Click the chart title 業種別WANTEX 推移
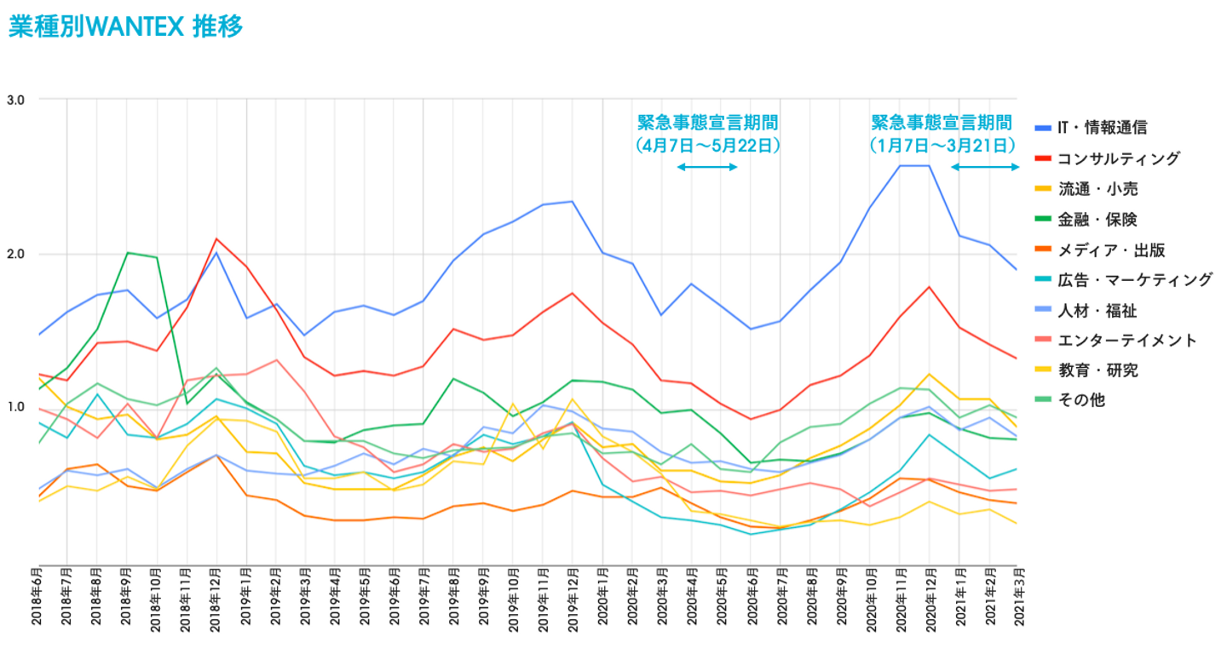(x=126, y=26)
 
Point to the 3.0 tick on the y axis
(x=15, y=100)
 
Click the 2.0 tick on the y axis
(x=15, y=254)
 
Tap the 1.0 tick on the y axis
(x=15, y=407)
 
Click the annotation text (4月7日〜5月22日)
(x=708, y=146)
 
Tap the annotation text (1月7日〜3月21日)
(x=942, y=146)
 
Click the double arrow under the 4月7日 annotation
(x=707, y=167)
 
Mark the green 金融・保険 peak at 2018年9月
(x=127, y=252)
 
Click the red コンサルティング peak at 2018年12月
(x=216, y=238)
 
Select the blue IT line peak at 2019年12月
(x=573, y=201)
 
